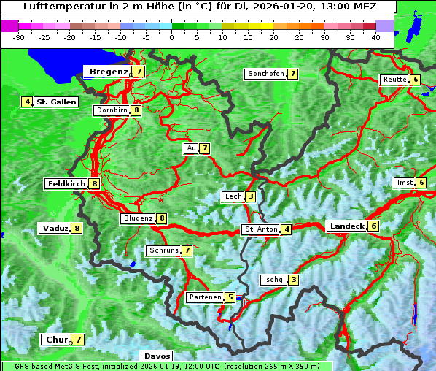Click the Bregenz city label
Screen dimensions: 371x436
[109, 72]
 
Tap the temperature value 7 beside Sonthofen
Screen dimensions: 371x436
[292, 74]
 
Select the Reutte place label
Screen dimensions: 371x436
[394, 80]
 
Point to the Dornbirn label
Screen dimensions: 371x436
[112, 110]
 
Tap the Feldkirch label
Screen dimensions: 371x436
[66, 184]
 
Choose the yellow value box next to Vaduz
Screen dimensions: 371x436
[77, 229]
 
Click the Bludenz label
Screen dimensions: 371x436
[138, 218]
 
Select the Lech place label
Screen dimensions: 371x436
[233, 196]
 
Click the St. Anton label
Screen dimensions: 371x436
[261, 229]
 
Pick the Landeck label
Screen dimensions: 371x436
[346, 226]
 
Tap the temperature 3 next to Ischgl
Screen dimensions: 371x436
[293, 280]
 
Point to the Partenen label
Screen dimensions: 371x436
[204, 297]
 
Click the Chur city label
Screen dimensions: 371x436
[55, 340]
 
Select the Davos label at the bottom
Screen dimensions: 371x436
[157, 356]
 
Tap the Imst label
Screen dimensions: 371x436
[403, 183]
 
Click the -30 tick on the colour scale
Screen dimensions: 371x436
[19, 37]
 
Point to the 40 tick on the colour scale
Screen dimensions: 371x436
[375, 37]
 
